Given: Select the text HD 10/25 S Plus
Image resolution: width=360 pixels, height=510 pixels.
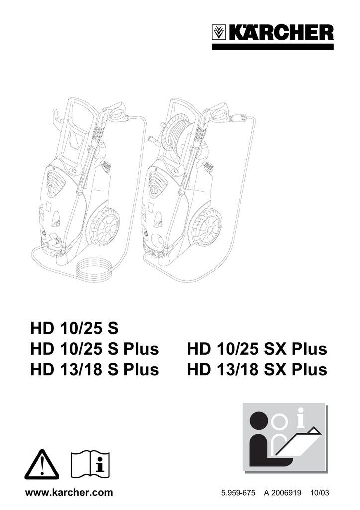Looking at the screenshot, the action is click(x=95, y=349).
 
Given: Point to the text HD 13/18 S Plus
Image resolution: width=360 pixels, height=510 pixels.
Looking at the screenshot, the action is click(x=95, y=369).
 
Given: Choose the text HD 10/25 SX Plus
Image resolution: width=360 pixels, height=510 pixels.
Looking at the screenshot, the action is click(x=257, y=349).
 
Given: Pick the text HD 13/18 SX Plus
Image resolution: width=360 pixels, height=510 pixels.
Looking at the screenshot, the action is click(x=257, y=369).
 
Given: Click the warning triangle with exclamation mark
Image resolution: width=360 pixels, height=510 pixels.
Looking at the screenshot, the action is click(x=42, y=465).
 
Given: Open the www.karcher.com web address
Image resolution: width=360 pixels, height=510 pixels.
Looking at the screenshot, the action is click(x=69, y=493).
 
